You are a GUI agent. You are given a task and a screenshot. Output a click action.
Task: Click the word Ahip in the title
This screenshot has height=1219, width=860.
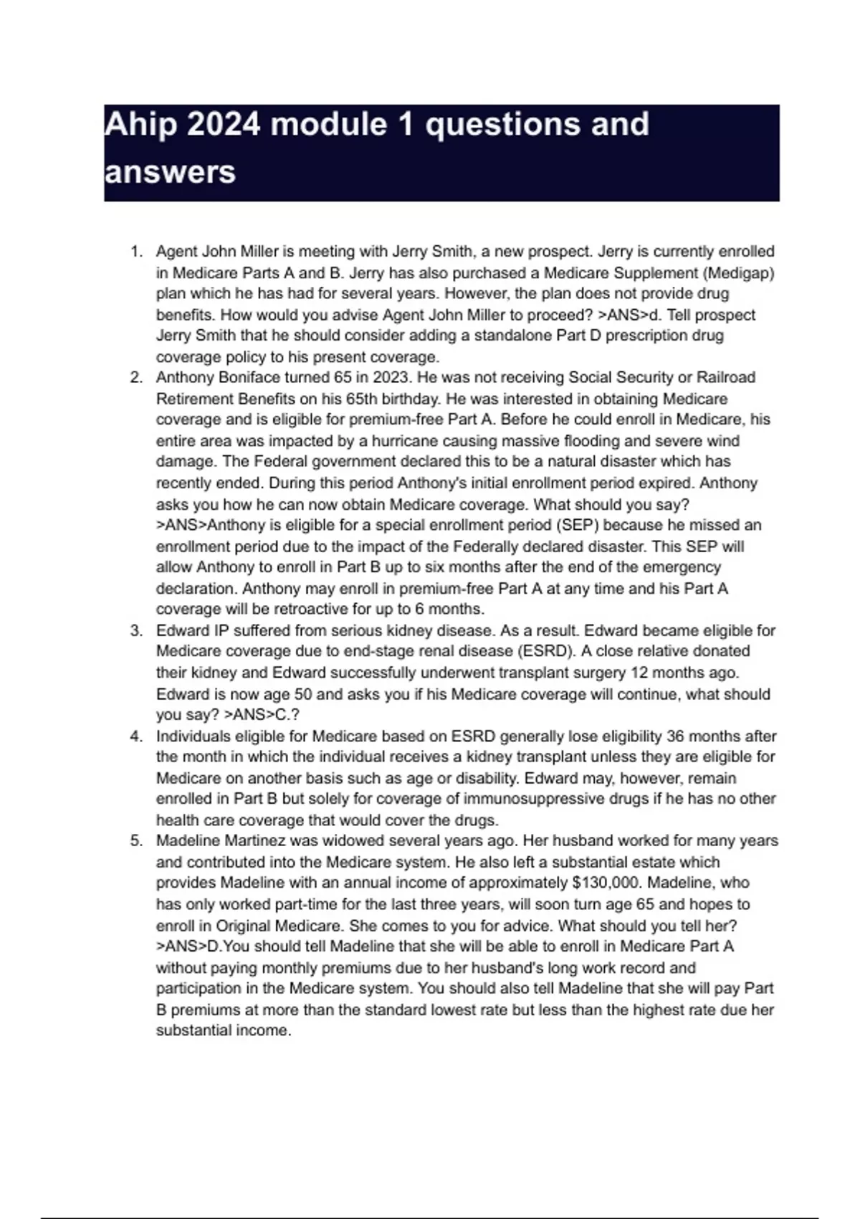point(140,125)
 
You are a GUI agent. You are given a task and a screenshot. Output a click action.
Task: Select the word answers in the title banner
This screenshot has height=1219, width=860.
point(170,173)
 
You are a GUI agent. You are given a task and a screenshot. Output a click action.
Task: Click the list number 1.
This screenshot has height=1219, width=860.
point(135,252)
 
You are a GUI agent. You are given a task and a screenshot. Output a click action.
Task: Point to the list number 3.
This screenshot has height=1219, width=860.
point(135,631)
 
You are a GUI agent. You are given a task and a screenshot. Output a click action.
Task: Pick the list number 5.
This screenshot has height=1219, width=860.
point(135,840)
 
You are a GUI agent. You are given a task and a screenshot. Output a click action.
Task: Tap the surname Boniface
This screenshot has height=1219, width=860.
point(249,377)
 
